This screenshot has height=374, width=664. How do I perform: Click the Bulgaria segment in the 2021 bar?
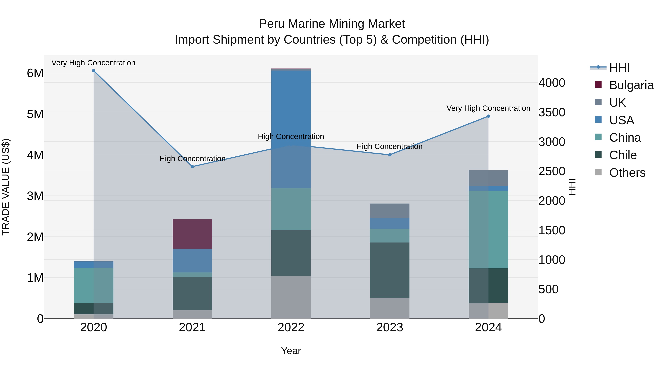click(x=192, y=234)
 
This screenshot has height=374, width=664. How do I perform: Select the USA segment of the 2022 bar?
click(x=291, y=129)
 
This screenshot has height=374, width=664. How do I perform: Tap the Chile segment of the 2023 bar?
click(x=390, y=270)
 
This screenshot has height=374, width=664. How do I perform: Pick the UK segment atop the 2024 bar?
click(x=488, y=178)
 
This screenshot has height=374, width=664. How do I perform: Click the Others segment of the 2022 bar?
click(x=291, y=297)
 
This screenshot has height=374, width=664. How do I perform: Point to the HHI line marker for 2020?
click(x=94, y=71)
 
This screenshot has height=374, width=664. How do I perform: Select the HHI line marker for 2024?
click(x=488, y=116)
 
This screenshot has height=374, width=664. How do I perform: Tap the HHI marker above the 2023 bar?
click(x=390, y=155)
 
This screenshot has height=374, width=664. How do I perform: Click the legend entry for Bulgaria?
click(x=631, y=85)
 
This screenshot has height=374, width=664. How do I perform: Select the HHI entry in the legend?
click(x=619, y=68)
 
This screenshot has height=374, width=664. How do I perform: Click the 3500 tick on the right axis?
click(x=552, y=112)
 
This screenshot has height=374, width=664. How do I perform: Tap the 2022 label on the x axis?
click(x=291, y=327)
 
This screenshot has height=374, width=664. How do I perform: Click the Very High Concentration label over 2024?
click(x=488, y=108)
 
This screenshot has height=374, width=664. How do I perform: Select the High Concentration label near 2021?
click(x=192, y=158)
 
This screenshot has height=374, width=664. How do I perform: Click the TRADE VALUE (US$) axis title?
click(x=6, y=187)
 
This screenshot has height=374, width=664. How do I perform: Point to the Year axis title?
click(x=291, y=351)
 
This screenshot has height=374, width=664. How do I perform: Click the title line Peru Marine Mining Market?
click(x=332, y=24)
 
